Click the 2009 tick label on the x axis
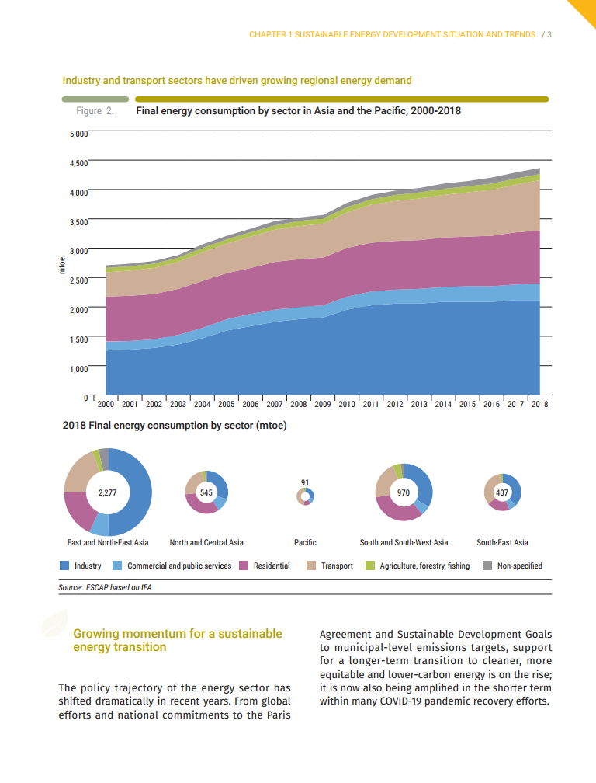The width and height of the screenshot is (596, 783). click(323, 404)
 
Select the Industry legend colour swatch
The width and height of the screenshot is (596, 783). click(64, 565)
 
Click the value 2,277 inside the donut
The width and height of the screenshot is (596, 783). click(108, 492)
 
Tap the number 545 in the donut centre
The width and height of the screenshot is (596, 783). click(206, 492)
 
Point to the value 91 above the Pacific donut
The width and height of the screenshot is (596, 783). click(305, 482)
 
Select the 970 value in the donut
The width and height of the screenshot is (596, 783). click(404, 492)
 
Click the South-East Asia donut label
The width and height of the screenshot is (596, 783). click(502, 542)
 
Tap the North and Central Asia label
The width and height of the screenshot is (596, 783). click(206, 542)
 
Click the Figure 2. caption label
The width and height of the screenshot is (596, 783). click(95, 111)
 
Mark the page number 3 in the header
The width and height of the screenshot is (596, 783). click(549, 34)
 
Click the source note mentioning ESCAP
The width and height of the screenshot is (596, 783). click(106, 588)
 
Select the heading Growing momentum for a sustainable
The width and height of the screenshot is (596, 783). click(177, 634)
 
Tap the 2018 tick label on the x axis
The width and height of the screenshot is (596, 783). click(539, 404)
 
